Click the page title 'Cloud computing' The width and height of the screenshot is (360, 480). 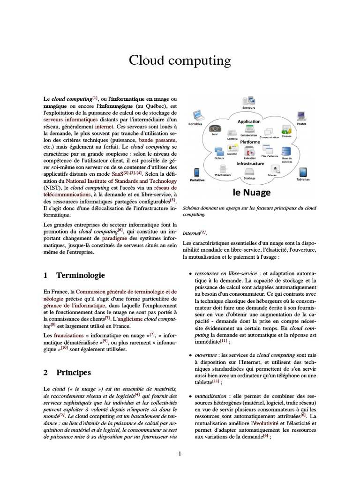(180, 61)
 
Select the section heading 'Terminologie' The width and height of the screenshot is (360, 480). (81, 275)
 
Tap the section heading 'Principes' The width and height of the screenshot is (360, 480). (74, 373)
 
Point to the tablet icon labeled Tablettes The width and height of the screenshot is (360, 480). (303, 172)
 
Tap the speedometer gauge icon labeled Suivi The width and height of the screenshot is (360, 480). (215, 129)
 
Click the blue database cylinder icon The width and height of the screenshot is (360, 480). (286, 151)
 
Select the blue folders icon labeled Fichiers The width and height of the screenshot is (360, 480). (219, 151)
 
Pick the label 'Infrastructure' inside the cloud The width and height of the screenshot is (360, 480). (250, 164)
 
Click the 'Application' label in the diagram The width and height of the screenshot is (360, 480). (249, 121)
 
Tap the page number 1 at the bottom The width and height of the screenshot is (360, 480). (180, 453)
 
